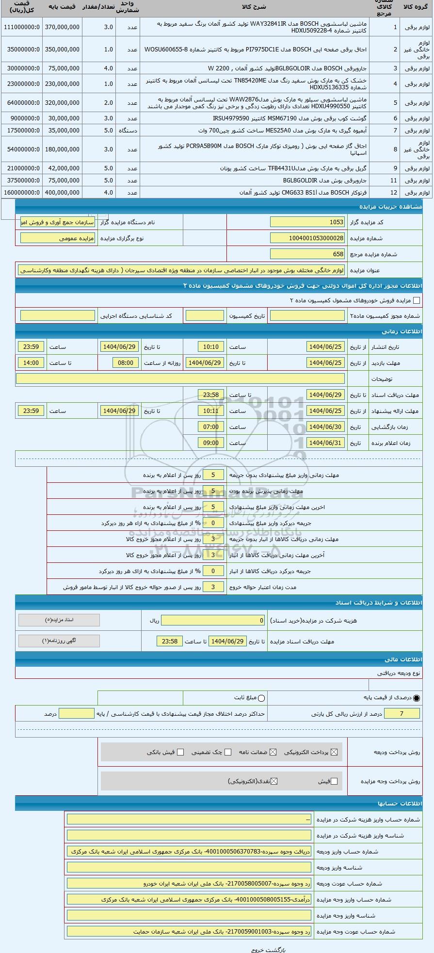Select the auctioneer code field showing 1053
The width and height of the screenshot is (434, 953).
[307, 222]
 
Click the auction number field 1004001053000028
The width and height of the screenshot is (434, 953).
[307, 238]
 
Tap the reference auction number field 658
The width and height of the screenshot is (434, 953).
[307, 254]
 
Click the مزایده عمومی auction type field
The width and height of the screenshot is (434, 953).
[58, 238]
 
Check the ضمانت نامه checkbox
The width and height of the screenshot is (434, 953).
[273, 752]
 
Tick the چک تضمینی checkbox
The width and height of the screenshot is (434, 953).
[228, 752]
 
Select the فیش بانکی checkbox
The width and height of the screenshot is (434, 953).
[180, 752]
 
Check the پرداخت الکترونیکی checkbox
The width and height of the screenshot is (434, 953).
[334, 752]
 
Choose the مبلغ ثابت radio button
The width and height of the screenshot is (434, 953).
[262, 698]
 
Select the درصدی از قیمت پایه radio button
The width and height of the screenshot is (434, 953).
[417, 698]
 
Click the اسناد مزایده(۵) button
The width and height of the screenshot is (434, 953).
[59, 620]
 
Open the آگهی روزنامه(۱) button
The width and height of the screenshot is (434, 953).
[59, 641]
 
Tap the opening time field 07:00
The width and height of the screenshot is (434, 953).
[211, 427]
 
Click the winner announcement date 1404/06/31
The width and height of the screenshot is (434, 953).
[325, 443]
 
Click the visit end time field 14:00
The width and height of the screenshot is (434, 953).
[31, 362]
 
